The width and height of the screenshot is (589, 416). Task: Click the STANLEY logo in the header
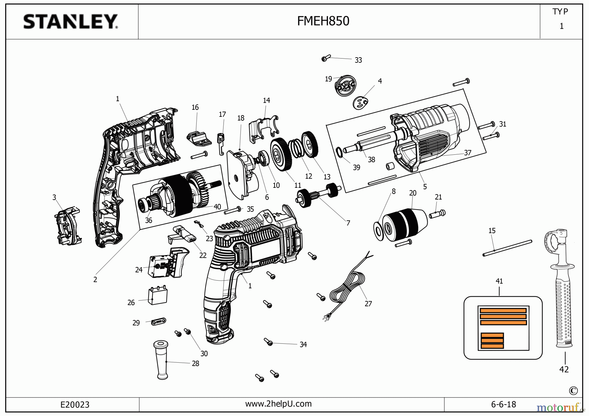(x=70, y=22)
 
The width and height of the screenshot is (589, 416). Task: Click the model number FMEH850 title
(x=323, y=21)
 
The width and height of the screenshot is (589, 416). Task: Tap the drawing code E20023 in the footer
(x=75, y=405)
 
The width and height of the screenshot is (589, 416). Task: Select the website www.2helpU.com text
(x=278, y=404)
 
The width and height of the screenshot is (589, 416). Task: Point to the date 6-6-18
(x=503, y=405)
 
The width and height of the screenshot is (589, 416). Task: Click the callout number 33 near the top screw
(x=358, y=60)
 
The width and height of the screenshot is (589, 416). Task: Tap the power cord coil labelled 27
(x=348, y=288)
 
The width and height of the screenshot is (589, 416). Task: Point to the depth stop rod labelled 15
(x=507, y=248)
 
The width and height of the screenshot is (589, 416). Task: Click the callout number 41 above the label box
(x=499, y=281)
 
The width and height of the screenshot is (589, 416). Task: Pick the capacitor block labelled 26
(x=158, y=296)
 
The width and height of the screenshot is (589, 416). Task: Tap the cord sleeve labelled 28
(x=161, y=360)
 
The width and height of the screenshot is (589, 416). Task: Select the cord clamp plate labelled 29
(x=159, y=322)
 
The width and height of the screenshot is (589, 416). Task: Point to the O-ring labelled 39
(x=340, y=152)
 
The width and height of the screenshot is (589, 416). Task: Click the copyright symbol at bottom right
(x=573, y=390)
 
